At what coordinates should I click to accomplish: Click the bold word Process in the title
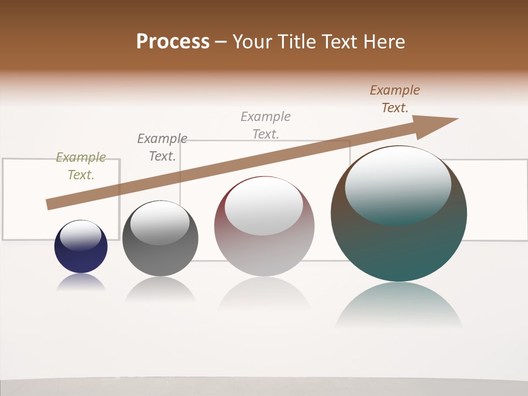(173, 42)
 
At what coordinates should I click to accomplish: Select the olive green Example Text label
(81, 166)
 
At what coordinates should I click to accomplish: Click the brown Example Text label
(395, 99)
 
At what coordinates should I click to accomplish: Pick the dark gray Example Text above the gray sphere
(162, 147)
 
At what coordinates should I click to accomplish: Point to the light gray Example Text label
(266, 125)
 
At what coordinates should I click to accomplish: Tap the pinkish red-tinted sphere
(264, 248)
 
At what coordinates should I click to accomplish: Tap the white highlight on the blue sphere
(81, 234)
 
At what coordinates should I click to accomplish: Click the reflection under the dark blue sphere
(81, 282)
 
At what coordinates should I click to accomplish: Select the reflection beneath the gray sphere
(160, 289)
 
